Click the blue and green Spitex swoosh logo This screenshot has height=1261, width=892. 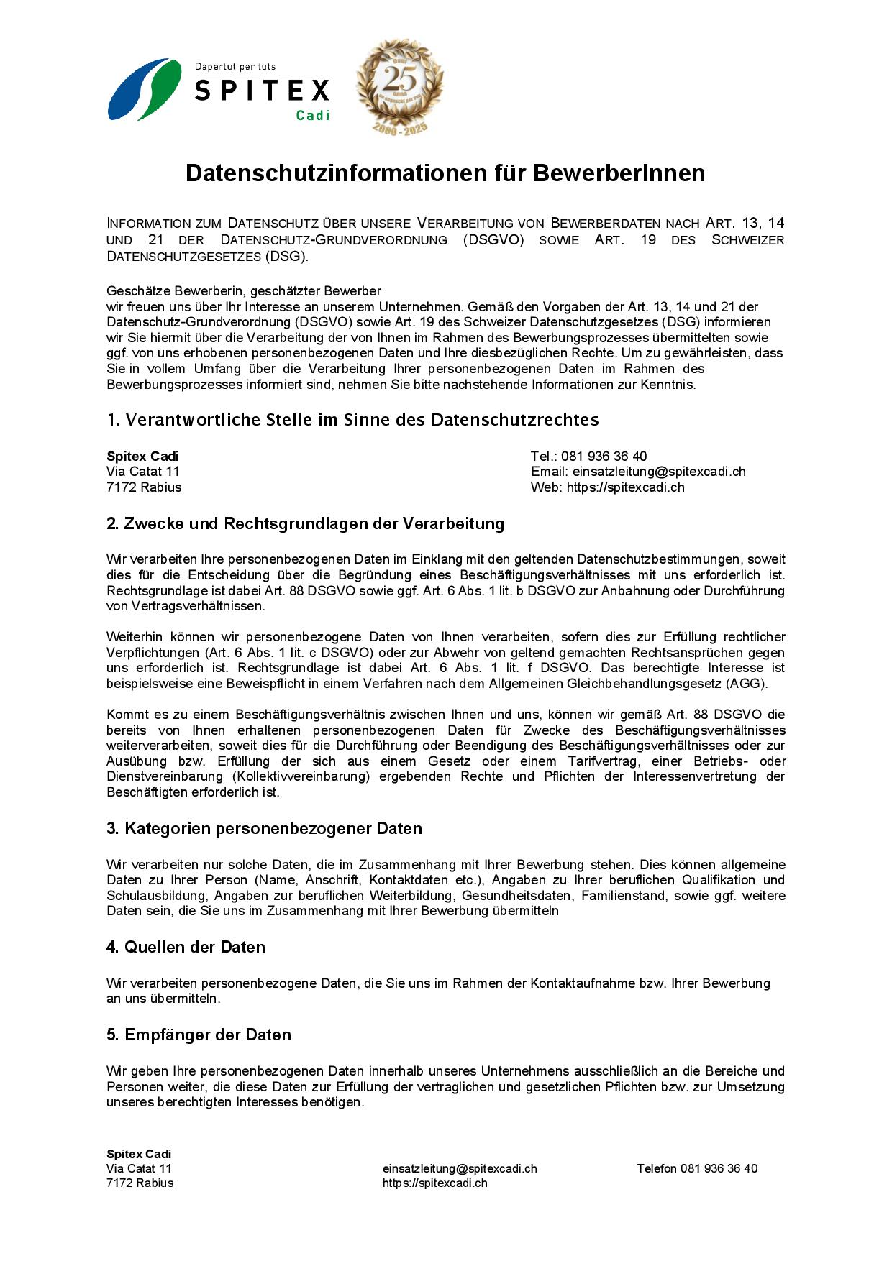[x=144, y=89]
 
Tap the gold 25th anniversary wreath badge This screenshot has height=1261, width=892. [x=400, y=86]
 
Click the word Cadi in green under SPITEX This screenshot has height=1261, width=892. [x=313, y=115]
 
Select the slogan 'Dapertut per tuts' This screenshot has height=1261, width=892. [x=235, y=67]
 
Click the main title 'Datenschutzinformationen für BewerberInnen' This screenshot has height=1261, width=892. [x=445, y=173]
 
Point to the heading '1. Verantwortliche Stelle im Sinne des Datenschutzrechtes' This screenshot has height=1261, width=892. [x=352, y=420]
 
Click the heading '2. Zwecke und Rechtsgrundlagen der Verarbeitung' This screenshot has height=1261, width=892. [x=305, y=523]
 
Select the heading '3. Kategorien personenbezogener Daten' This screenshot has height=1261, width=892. [x=264, y=828]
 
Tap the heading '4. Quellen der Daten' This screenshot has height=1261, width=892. [x=186, y=947]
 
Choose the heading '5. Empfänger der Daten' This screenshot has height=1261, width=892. [x=199, y=1035]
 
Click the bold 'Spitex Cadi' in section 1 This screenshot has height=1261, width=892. [x=142, y=457]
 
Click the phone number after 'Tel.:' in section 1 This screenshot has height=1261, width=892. [x=604, y=457]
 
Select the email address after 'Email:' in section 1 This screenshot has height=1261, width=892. [x=659, y=472]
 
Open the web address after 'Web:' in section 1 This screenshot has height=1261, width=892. [x=625, y=487]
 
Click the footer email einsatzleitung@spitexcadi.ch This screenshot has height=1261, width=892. [x=460, y=1168]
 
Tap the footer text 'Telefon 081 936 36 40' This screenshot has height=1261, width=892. [x=696, y=1168]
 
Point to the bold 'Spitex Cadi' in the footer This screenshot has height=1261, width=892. [x=139, y=1154]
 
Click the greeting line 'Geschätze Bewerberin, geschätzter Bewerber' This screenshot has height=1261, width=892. [x=244, y=291]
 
